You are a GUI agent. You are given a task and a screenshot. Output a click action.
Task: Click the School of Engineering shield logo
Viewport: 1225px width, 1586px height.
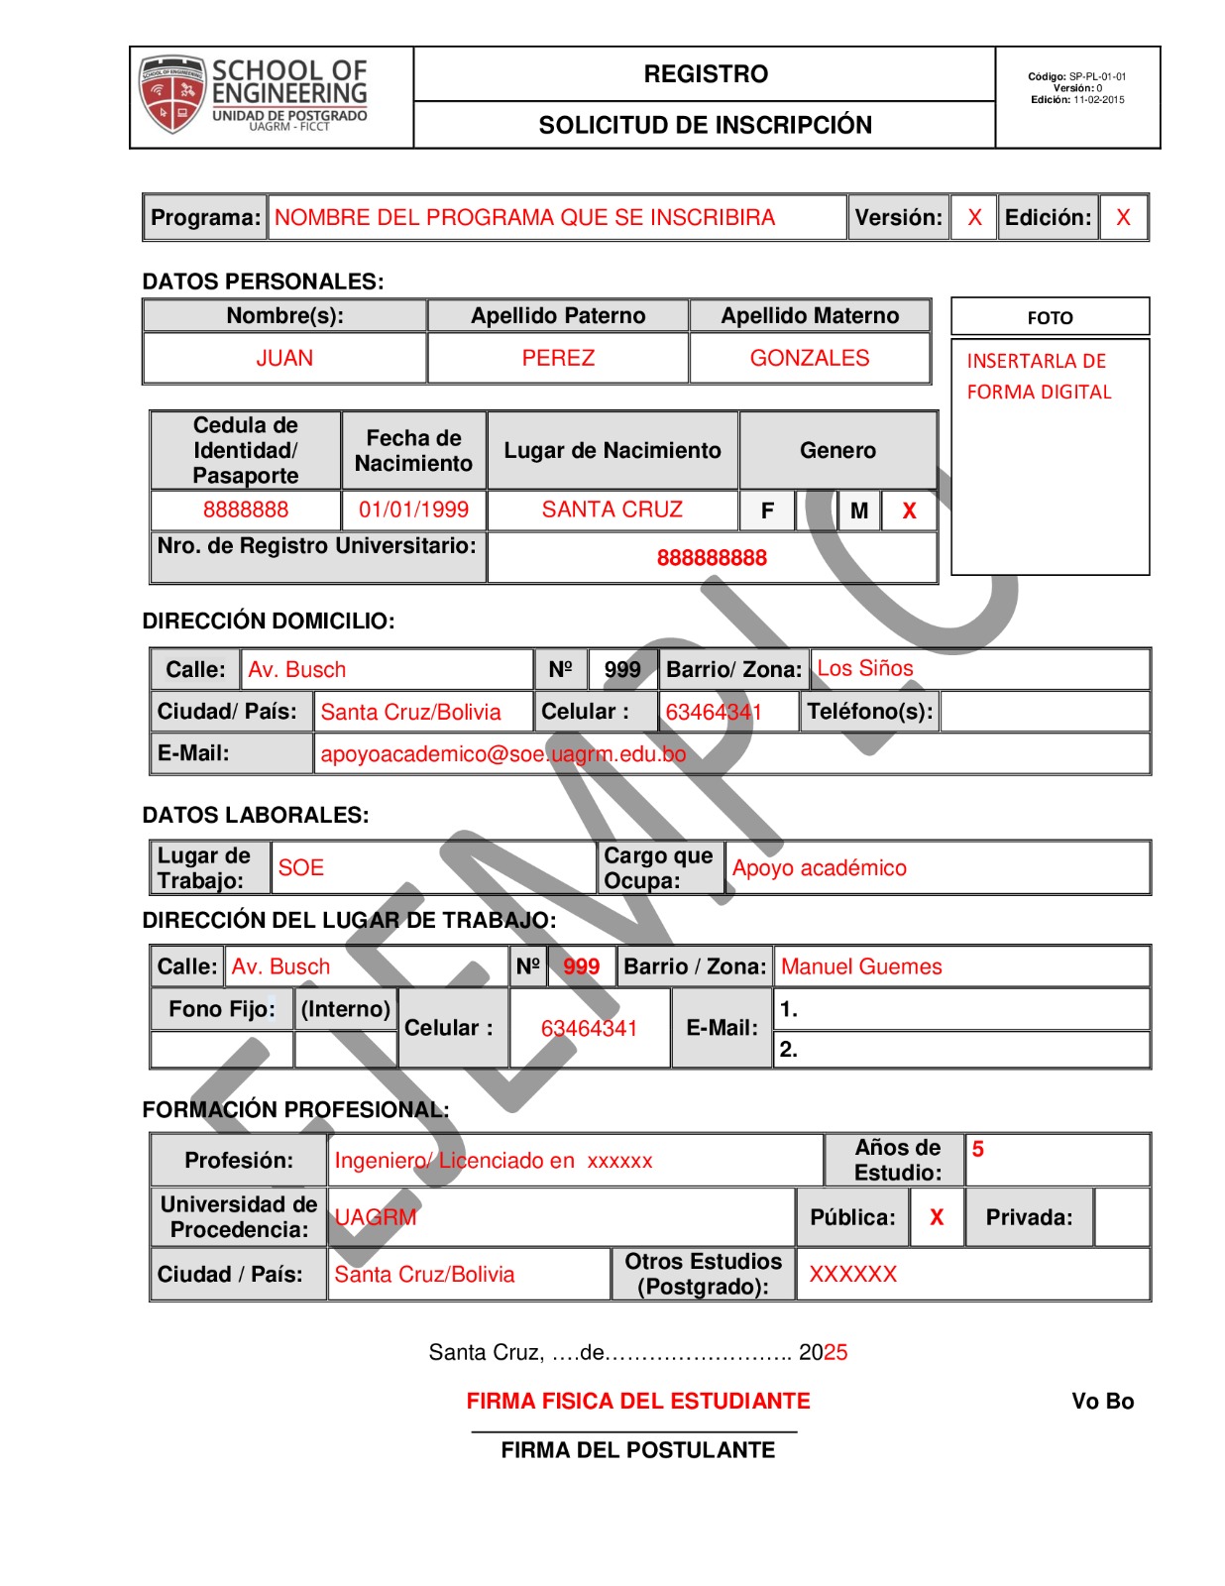pyautogui.click(x=172, y=94)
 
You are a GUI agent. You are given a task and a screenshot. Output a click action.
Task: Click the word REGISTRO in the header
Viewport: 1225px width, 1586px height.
pyautogui.click(x=706, y=74)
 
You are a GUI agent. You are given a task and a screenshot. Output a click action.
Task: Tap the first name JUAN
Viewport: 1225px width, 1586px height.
pyautogui.click(x=284, y=358)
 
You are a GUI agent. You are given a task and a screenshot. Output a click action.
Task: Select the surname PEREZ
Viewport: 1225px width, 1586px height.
pyautogui.click(x=558, y=358)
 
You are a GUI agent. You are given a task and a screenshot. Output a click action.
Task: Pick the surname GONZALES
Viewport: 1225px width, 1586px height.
pyautogui.click(x=809, y=358)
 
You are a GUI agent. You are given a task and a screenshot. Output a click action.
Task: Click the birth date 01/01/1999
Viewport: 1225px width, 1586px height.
pyautogui.click(x=413, y=510)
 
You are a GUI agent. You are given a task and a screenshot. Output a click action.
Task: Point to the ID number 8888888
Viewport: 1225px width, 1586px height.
pyautogui.click(x=246, y=510)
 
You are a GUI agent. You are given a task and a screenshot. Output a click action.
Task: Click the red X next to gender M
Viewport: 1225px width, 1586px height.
pyautogui.click(x=909, y=511)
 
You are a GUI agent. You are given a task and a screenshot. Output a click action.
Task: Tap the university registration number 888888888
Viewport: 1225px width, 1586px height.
pyautogui.click(x=712, y=558)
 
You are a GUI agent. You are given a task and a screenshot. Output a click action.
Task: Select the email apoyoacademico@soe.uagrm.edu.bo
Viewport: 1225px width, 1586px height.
pyautogui.click(x=502, y=754)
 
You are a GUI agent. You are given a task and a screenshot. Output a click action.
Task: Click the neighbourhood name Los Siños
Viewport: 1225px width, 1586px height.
pyautogui.click(x=864, y=668)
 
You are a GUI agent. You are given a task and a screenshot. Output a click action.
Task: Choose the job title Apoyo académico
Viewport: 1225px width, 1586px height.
pyautogui.click(x=819, y=868)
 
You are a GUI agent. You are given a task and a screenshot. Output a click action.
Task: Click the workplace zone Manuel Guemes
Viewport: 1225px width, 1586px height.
pyautogui.click(x=861, y=966)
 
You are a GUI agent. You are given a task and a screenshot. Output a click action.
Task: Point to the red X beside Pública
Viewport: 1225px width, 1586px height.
pyautogui.click(x=936, y=1217)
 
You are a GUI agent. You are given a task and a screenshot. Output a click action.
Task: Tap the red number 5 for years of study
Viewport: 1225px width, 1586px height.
pyautogui.click(x=977, y=1149)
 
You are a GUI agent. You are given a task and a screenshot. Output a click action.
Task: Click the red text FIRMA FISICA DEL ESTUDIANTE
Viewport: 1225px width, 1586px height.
pyautogui.click(x=638, y=1401)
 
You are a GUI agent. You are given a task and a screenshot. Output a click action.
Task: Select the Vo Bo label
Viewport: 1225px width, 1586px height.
pyautogui.click(x=1102, y=1401)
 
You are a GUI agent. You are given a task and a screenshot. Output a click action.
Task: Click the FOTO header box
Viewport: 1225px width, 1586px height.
pyautogui.click(x=1050, y=317)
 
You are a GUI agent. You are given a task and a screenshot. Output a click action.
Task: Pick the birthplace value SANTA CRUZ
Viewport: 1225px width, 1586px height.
pyautogui.click(x=612, y=510)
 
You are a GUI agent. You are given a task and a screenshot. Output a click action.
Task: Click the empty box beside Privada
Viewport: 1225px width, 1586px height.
pyautogui.click(x=1123, y=1217)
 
